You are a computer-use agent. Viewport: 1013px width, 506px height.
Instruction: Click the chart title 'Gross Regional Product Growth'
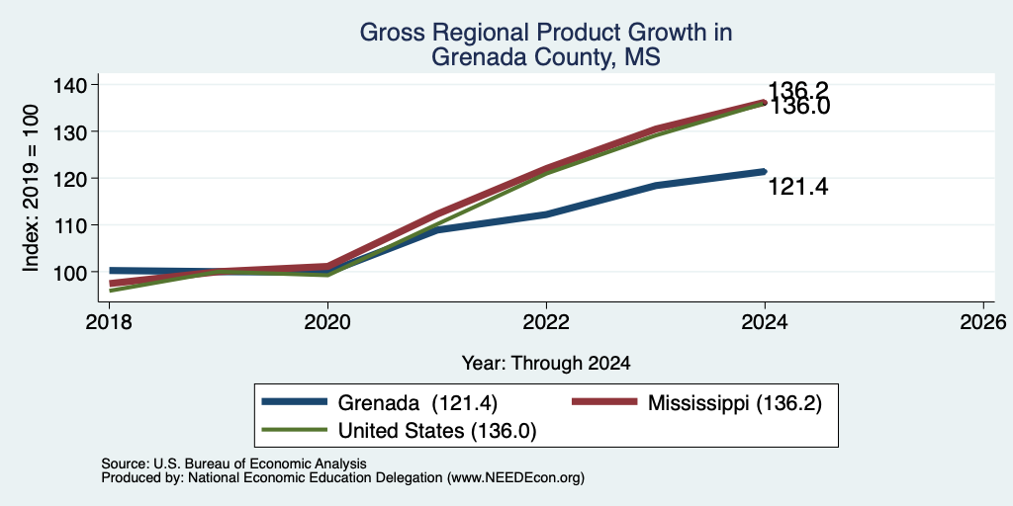coord(545,33)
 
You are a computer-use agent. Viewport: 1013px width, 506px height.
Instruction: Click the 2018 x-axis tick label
coord(109,321)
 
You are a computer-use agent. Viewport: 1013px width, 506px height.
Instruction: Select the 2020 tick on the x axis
coord(327,321)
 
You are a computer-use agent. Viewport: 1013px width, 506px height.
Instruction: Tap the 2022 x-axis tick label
coord(546,321)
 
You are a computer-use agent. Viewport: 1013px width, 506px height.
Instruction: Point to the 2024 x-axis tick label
coord(765,321)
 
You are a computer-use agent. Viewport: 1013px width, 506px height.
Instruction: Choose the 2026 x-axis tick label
coord(983,321)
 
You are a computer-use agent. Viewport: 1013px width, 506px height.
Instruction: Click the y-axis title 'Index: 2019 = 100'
coord(31,189)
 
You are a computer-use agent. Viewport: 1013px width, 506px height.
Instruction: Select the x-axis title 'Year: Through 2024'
coord(546,364)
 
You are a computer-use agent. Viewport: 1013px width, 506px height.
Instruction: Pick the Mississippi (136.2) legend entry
coord(697,403)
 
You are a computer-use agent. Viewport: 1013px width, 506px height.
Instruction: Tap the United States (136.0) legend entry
coord(399,431)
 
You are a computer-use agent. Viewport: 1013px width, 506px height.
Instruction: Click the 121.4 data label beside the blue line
coord(798,188)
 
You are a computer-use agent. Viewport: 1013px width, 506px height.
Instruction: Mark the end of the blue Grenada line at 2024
coord(765,172)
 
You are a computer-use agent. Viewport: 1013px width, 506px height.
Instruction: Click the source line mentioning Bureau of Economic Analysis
coord(233,464)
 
